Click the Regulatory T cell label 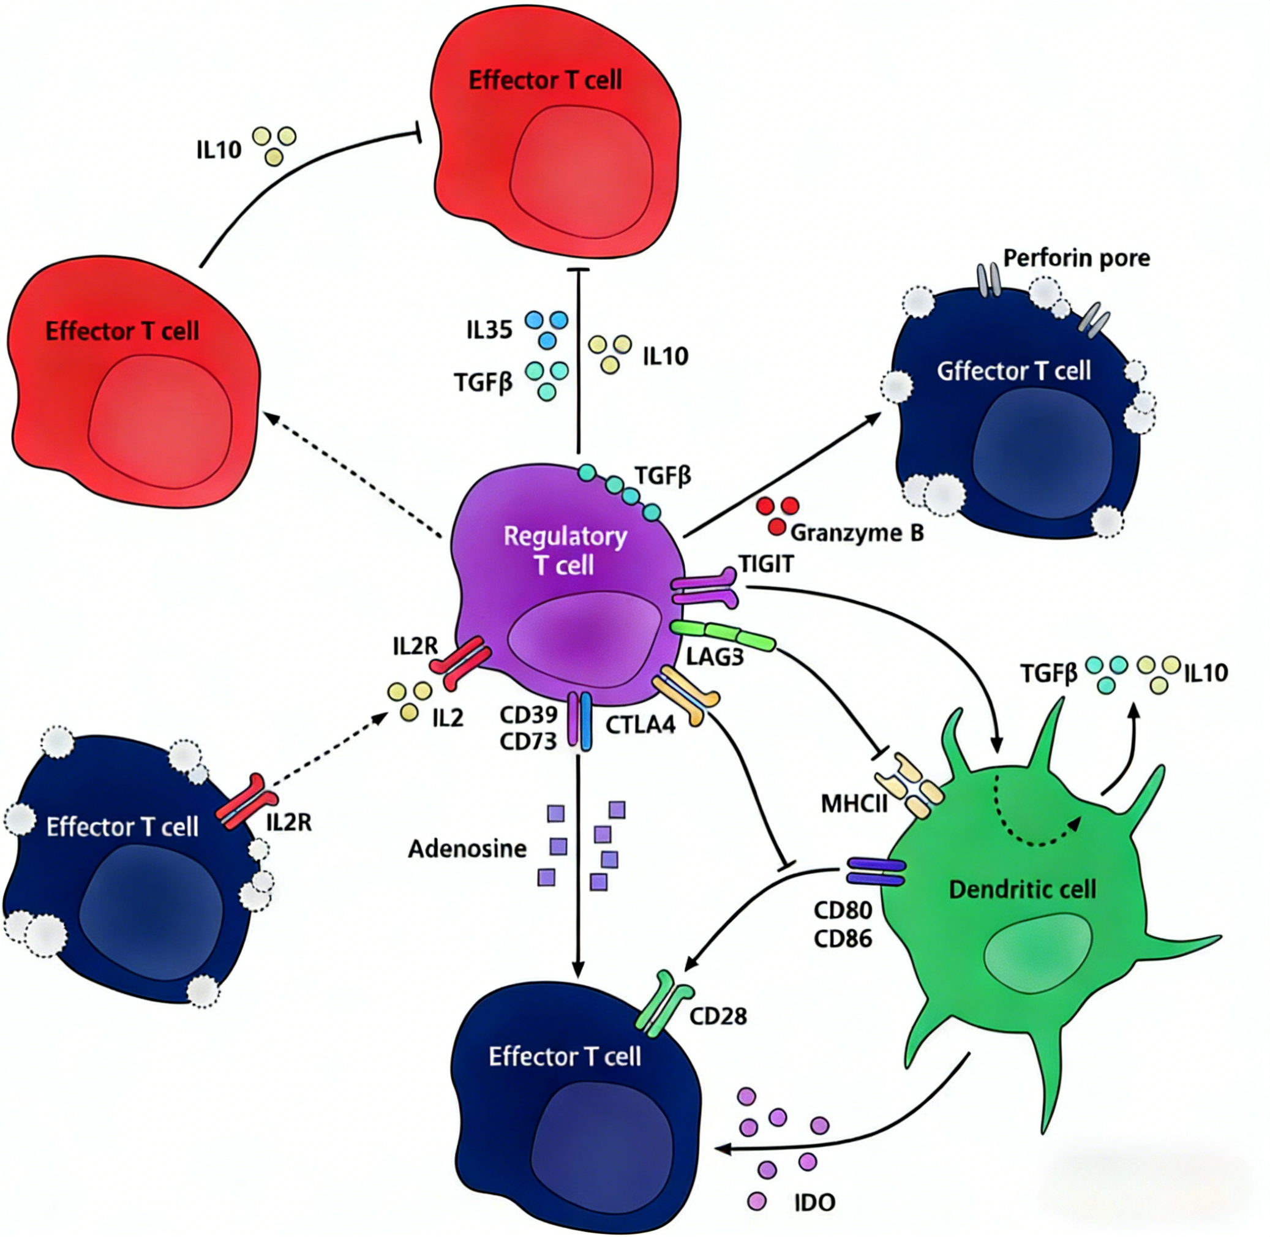pos(565,551)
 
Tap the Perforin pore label pos(1076,258)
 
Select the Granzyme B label pos(857,533)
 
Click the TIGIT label pos(766,564)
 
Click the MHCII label pos(854,803)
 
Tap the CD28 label pos(718,1015)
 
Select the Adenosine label pos(467,849)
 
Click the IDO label pos(814,1203)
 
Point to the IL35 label pos(489,331)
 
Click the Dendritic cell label pos(1023,889)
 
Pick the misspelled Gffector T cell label pos(1013,371)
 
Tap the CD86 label pos(843,939)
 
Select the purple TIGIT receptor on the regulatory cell pos(704,588)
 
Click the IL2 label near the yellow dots pos(448,718)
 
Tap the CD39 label pos(528,715)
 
